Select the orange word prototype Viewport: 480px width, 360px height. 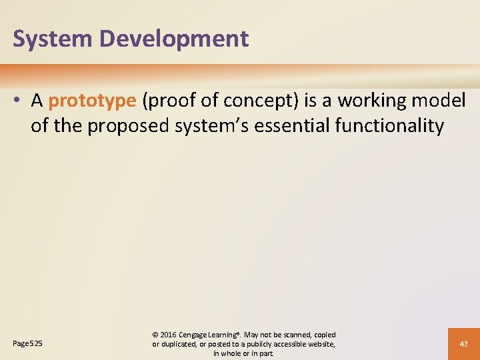[x=93, y=101]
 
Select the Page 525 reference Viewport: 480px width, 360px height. [x=27, y=343]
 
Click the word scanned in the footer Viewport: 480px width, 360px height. [x=296, y=334]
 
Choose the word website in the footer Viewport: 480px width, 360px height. [x=318, y=343]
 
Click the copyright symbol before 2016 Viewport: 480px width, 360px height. [x=157, y=334]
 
